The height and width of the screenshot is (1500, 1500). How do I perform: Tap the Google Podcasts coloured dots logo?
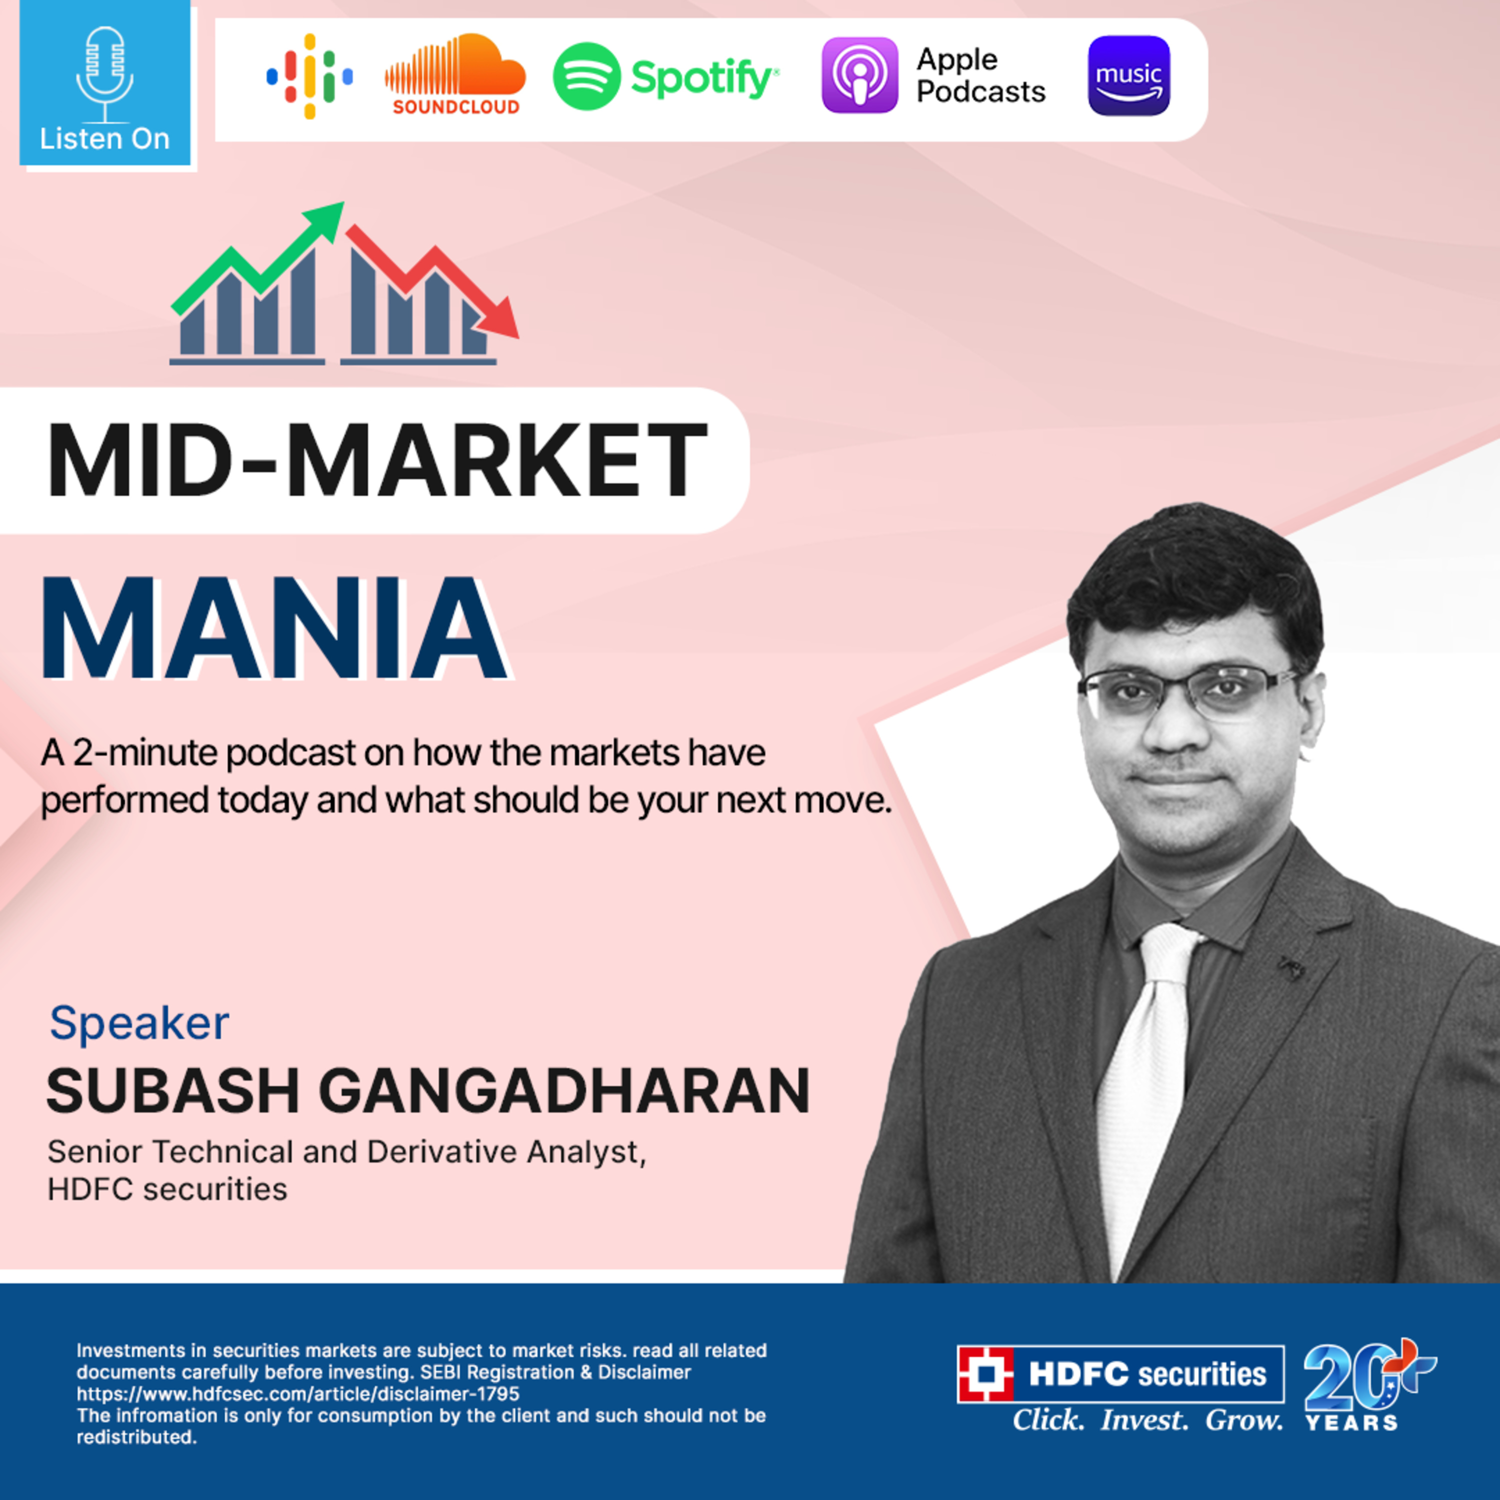(310, 76)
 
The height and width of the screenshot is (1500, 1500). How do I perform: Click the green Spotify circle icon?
(586, 76)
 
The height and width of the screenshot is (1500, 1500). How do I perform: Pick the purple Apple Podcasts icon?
(859, 75)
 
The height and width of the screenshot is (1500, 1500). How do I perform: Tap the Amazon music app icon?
(1128, 75)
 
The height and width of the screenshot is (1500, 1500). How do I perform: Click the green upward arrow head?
(326, 217)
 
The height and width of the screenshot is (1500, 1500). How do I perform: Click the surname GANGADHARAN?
(564, 1091)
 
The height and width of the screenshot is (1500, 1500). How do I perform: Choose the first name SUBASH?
(172, 1091)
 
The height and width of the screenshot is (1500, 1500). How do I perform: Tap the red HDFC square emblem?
(985, 1374)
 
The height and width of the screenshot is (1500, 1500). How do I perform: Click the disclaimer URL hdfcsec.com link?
(298, 1393)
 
